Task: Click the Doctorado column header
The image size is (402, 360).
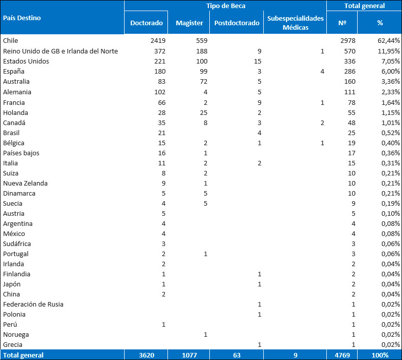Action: pyautogui.click(x=146, y=23)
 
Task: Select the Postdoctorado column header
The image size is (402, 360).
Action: pyautogui.click(x=237, y=23)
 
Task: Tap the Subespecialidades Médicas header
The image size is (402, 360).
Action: pyautogui.click(x=296, y=23)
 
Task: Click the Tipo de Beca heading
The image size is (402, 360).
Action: pyautogui.click(x=225, y=6)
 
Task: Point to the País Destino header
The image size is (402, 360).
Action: pyautogui.click(x=22, y=18)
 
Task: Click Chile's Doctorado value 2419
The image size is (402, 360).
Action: pyautogui.click(x=158, y=40)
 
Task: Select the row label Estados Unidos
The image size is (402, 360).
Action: pyautogui.click(x=26, y=61)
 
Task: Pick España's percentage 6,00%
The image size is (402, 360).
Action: pyautogui.click(x=390, y=71)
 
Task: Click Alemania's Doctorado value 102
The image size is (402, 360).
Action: pyautogui.click(x=160, y=92)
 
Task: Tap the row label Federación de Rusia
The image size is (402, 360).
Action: pyautogui.click(x=33, y=304)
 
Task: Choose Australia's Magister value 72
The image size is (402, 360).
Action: pyautogui.click(x=204, y=82)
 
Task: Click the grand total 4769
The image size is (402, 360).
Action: pyautogui.click(x=342, y=355)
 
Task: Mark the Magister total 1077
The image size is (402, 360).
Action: pyautogui.click(x=190, y=355)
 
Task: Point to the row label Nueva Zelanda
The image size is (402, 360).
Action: pyautogui.click(x=25, y=183)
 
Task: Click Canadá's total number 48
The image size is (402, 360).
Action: pyautogui.click(x=352, y=123)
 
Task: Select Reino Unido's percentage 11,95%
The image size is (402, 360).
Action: pyautogui.click(x=389, y=51)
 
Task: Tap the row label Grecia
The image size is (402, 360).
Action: pyautogui.click(x=13, y=345)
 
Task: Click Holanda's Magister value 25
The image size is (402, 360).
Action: pyautogui.click(x=204, y=113)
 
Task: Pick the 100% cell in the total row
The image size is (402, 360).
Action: pyautogui.click(x=380, y=355)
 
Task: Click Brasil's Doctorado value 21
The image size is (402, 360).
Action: pyautogui.click(x=161, y=133)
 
